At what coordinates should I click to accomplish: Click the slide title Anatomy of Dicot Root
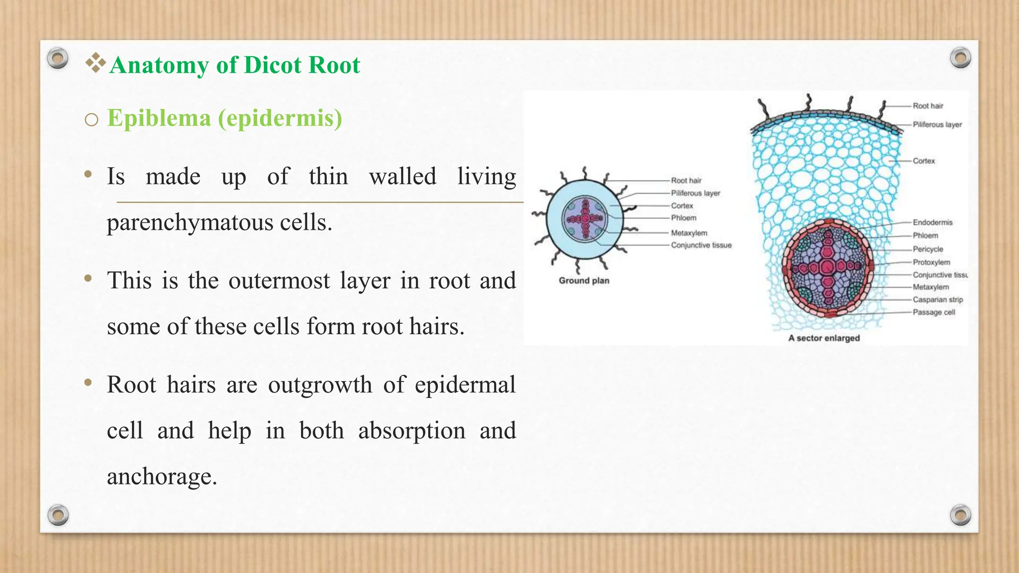point(234,65)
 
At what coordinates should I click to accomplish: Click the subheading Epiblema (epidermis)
point(224,118)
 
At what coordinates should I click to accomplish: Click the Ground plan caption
point(584,281)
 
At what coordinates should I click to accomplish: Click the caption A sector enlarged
point(823,338)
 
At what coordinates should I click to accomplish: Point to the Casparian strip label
point(937,300)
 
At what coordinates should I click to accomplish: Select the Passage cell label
point(933,312)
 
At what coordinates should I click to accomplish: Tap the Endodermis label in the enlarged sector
point(932,222)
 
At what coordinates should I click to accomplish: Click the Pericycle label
point(927,249)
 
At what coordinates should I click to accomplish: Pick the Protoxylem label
point(931,262)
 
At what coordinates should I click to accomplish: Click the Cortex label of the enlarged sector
point(923,161)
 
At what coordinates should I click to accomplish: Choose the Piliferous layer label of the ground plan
point(695,193)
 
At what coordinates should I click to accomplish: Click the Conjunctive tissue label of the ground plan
point(701,245)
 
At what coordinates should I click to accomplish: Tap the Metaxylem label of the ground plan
point(689,233)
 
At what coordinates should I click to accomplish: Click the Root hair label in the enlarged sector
point(927,106)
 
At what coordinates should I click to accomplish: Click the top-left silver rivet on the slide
point(58,58)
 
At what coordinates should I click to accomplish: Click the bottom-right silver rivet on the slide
point(960,515)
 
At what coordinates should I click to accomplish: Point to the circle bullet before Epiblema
point(92,120)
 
